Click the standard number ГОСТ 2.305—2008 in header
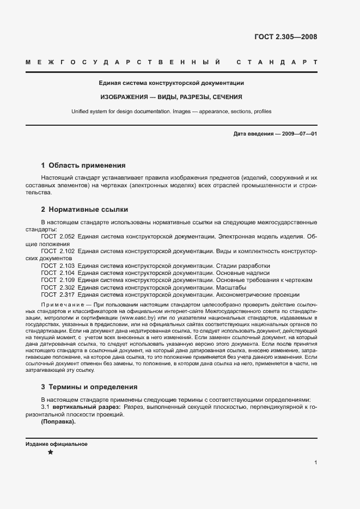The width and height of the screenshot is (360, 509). (x=285, y=38)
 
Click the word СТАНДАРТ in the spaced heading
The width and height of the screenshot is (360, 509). (x=277, y=63)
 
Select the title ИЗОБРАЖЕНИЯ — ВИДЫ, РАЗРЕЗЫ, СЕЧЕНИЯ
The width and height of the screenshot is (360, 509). (x=171, y=97)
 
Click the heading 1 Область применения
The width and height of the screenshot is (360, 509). (x=83, y=165)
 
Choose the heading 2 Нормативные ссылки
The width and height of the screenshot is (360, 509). (x=84, y=210)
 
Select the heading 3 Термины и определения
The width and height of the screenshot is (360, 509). (x=89, y=387)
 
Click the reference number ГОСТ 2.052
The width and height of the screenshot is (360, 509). (x=58, y=237)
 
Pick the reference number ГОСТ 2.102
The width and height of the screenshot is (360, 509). (x=58, y=252)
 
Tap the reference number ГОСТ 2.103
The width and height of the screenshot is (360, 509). (x=58, y=266)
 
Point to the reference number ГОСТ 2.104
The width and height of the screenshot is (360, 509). (x=58, y=273)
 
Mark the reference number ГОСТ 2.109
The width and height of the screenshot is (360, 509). (x=58, y=280)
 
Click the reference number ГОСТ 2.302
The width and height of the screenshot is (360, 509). (x=58, y=287)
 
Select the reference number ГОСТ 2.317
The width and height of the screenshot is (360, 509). (x=58, y=294)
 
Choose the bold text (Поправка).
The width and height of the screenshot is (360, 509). (x=58, y=422)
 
